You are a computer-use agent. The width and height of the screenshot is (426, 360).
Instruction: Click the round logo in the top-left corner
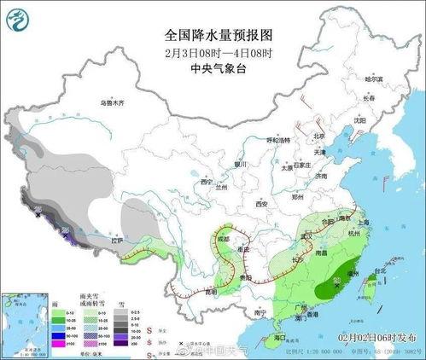pyautogui.click(x=19, y=18)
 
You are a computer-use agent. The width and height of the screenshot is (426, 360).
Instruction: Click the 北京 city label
pyautogui.click(x=318, y=136)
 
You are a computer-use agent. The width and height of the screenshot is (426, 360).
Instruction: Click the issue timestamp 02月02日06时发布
pyautogui.click(x=378, y=338)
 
